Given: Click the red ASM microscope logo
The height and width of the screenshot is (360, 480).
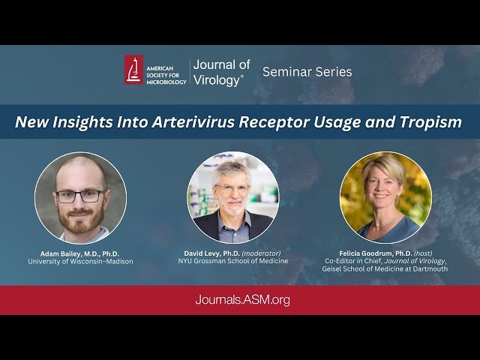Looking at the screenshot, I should [x=133, y=70].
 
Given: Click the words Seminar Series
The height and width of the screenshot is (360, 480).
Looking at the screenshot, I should [x=307, y=72].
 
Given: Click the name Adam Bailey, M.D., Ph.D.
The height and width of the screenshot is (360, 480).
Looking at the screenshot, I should [x=79, y=253].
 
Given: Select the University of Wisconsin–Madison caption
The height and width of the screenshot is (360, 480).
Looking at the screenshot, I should [x=79, y=262].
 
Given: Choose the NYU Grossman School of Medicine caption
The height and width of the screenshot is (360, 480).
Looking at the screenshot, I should [x=235, y=262].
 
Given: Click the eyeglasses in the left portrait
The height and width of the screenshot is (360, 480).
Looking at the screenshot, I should [x=79, y=196].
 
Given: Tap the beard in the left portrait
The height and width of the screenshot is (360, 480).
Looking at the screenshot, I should [x=81, y=220].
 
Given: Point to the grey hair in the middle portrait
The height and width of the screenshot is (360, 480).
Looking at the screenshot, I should [x=229, y=169].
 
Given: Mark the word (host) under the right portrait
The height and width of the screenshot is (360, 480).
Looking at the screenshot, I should [x=424, y=253].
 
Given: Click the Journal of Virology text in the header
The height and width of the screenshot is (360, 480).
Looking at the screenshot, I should [x=221, y=72].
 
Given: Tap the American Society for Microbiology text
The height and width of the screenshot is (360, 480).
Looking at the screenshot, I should [x=165, y=70].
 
